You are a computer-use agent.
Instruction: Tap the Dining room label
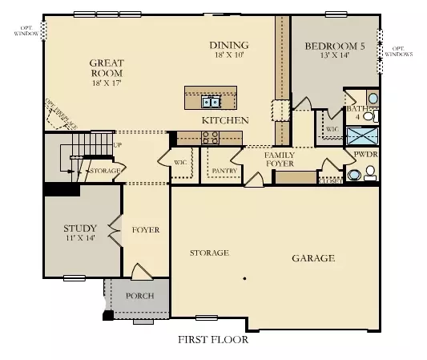point(229,50)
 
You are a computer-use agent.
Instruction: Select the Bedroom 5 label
point(335,52)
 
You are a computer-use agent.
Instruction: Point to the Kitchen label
point(224,120)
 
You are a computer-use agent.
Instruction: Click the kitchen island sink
point(211,102)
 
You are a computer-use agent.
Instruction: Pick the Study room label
point(80,233)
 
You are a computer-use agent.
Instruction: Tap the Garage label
point(312,258)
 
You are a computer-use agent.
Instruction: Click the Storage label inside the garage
point(209,253)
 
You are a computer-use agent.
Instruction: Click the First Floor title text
point(213,339)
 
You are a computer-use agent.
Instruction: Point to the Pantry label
point(223,170)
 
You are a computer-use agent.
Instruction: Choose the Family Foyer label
point(280,159)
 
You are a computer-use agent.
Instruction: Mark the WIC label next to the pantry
point(180,162)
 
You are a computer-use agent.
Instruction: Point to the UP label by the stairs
point(118,145)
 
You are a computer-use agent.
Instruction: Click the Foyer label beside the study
point(146,230)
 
